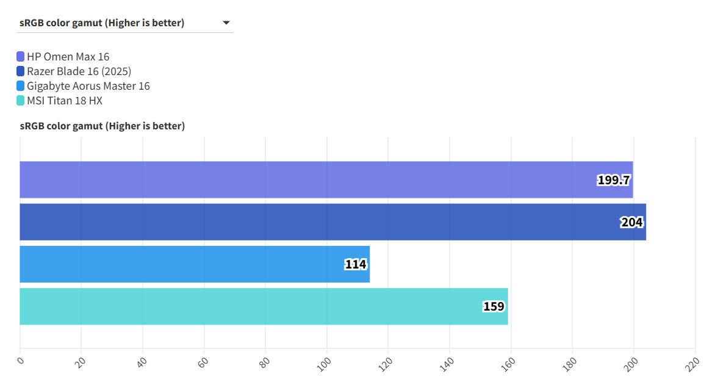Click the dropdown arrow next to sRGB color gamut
coord(226,23)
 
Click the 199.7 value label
coord(613,180)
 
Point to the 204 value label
coord(631,222)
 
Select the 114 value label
coord(355,264)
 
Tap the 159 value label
coord(494,306)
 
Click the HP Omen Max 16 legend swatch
coord(21,57)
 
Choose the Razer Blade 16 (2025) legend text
coord(79,71)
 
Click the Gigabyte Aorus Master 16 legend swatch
coord(21,86)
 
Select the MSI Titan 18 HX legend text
coord(64,101)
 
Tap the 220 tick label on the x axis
coord(692,362)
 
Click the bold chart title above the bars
coord(102,126)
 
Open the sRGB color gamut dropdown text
coord(102,23)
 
